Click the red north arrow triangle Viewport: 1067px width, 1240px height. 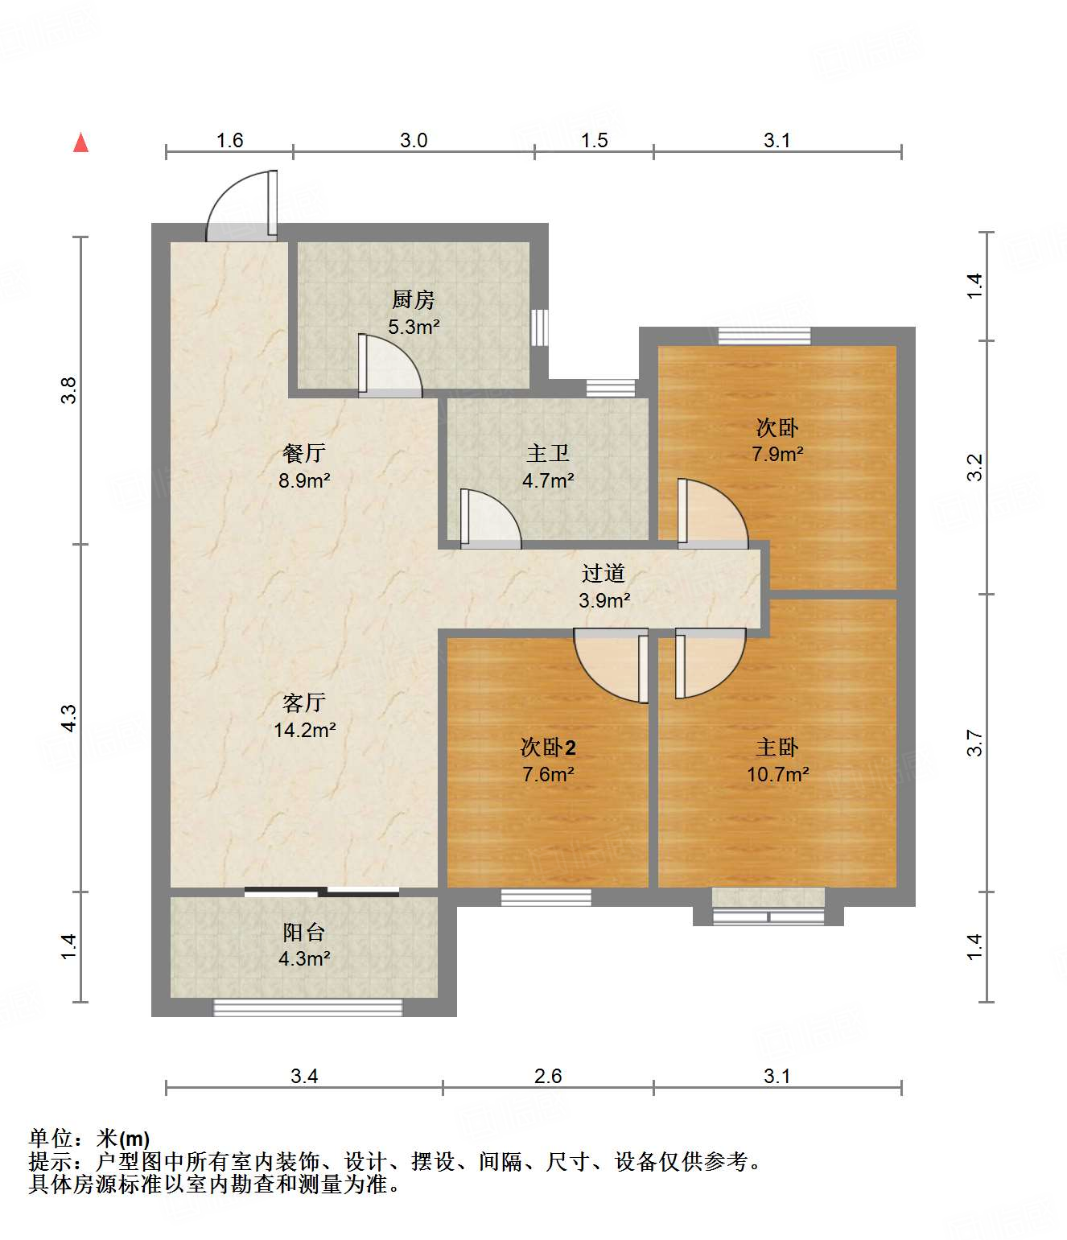[81, 142]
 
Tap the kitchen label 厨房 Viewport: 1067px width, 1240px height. [413, 299]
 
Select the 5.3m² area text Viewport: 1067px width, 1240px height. [414, 327]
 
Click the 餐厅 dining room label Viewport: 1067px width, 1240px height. [303, 453]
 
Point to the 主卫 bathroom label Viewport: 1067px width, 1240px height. [548, 453]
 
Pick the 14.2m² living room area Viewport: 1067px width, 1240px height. [305, 730]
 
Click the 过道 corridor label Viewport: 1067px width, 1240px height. [603, 574]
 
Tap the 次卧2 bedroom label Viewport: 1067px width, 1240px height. [548, 748]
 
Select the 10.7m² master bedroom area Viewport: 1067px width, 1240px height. [777, 774]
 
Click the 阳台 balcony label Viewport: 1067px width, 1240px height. [303, 933]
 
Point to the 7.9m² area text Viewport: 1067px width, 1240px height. [777, 454]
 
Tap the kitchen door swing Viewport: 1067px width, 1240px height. [389, 365]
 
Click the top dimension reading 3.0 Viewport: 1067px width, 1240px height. [414, 140]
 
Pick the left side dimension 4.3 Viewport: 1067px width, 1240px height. [69, 718]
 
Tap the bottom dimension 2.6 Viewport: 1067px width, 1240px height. [548, 1076]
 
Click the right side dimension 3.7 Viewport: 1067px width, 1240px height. [974, 743]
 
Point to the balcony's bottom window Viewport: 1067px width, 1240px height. [307, 1007]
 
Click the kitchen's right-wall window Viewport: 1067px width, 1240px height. [539, 328]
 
